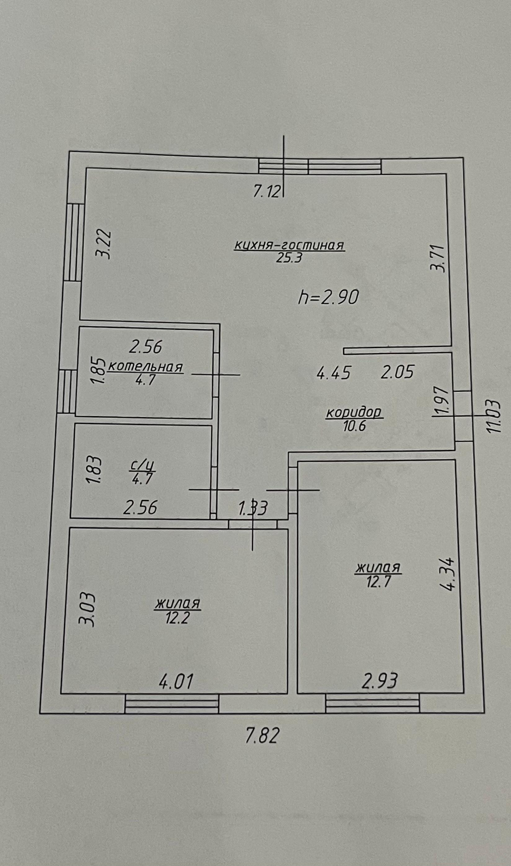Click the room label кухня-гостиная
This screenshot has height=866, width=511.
[289, 246]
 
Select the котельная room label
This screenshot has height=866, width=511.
[145, 367]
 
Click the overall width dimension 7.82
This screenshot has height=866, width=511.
[262, 736]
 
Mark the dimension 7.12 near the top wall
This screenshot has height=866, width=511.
[267, 191]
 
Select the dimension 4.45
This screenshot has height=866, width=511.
[334, 373]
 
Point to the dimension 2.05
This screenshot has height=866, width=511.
[397, 373]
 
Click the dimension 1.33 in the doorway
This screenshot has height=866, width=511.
[253, 508]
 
